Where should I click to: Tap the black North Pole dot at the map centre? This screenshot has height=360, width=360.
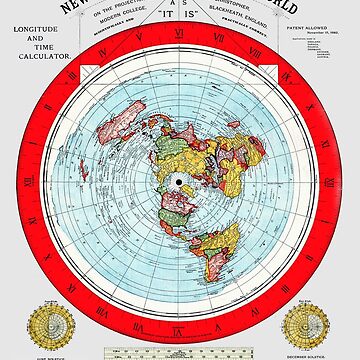[x=179, y=180]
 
